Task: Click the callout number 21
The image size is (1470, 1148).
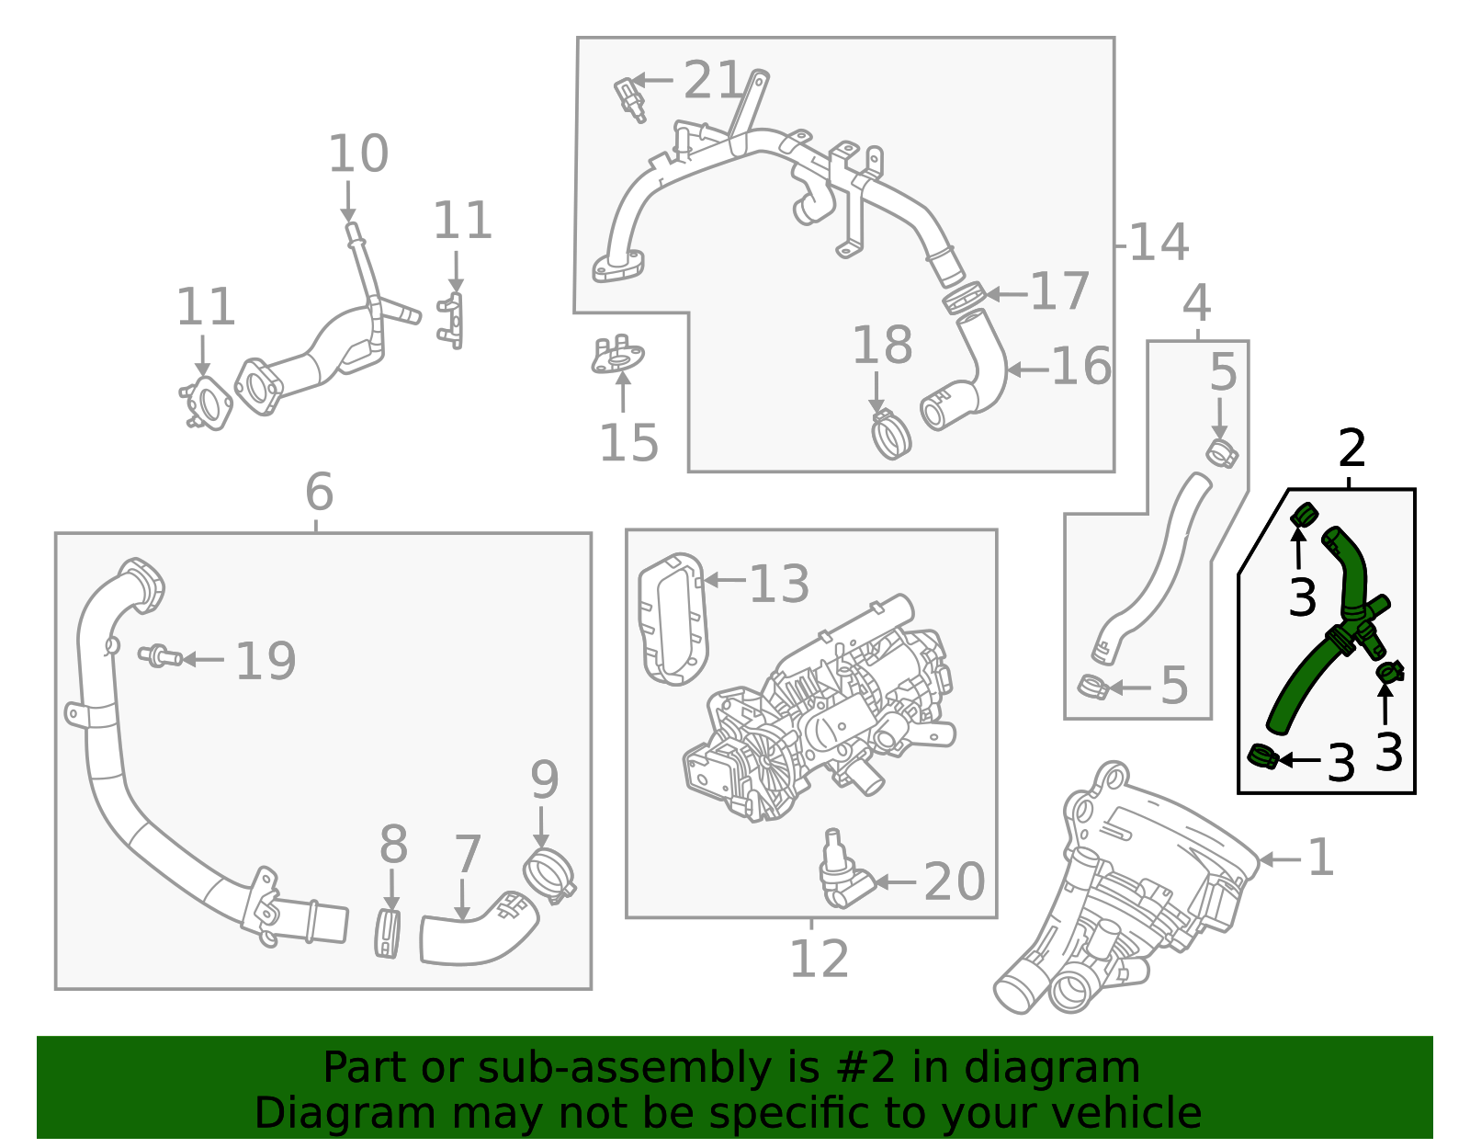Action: (712, 81)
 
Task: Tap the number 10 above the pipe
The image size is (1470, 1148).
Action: (357, 154)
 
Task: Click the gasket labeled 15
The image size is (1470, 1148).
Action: (617, 357)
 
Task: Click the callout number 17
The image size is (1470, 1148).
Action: (1059, 292)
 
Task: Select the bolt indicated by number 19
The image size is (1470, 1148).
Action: (159, 656)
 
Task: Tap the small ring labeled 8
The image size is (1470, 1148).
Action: (389, 934)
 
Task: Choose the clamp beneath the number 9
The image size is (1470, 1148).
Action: (548, 875)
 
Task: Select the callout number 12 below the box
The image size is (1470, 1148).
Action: (819, 960)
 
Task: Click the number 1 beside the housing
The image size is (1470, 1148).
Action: (1320, 858)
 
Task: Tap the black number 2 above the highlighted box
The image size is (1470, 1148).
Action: (1351, 449)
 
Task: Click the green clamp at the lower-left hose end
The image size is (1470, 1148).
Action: (1263, 757)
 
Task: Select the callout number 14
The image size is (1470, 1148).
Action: (1159, 243)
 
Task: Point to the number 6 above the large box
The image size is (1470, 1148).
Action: (319, 493)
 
